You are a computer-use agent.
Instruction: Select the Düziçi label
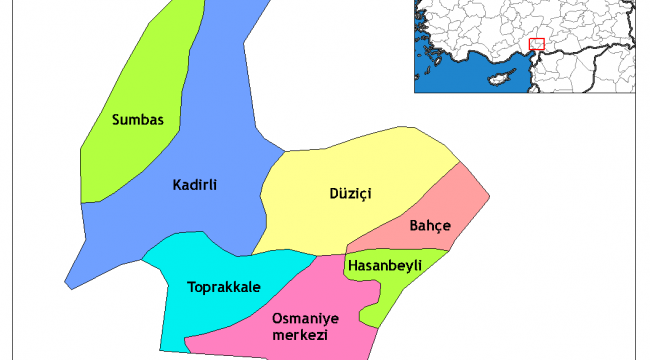coord(350,193)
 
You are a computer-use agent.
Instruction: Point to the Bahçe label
coord(430,226)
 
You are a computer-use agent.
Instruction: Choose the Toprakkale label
coord(224,287)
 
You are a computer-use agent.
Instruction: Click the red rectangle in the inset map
coord(536,44)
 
